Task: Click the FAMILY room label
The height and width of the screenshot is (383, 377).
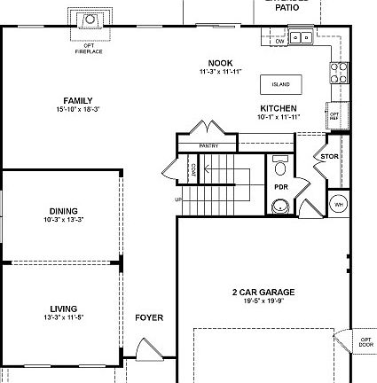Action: (x=78, y=100)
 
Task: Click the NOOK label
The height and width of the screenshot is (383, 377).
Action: (x=214, y=63)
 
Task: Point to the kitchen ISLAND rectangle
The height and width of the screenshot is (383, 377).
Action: (x=280, y=84)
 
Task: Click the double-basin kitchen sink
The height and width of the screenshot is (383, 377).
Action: (x=302, y=38)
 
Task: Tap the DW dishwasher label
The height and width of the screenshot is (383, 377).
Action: (x=279, y=42)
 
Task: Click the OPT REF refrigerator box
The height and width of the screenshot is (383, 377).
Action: (x=334, y=114)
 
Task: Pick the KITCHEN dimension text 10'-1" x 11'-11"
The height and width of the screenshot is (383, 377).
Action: (x=279, y=116)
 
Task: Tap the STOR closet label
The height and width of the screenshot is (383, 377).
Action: (x=330, y=157)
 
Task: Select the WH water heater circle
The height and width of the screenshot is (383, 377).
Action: (x=338, y=204)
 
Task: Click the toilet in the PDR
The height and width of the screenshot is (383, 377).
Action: (x=280, y=166)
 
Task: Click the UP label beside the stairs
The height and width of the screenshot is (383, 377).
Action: (x=178, y=199)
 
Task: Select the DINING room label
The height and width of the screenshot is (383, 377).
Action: (x=63, y=211)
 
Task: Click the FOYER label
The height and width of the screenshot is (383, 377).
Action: (x=149, y=317)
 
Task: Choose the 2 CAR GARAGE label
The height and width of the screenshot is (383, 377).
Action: (x=263, y=292)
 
